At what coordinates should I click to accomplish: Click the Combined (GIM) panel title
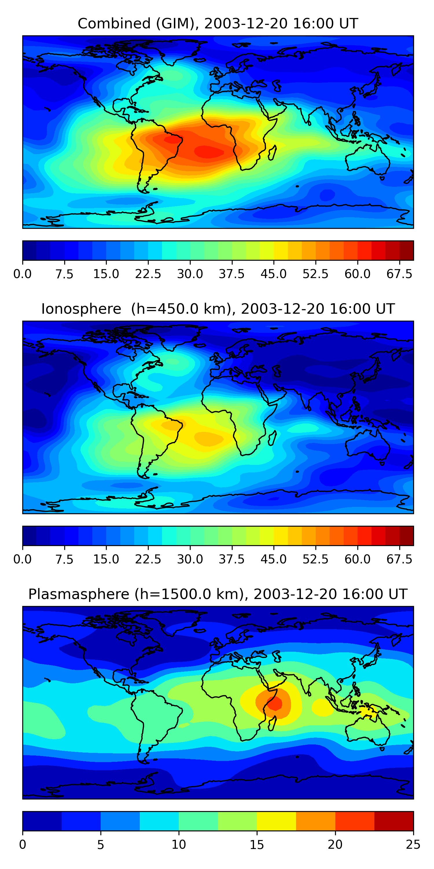pos(218,24)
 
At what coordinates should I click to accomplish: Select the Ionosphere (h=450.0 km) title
pos(218,309)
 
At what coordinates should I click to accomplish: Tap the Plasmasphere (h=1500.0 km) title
pos(218,594)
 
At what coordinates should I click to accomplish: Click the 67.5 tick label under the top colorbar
pos(399,274)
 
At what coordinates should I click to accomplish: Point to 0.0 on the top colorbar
pos(23,274)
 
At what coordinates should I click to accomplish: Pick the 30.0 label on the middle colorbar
pos(190,559)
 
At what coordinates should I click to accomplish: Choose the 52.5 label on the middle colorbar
pos(315,559)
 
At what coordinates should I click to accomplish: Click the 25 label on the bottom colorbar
pos(413,845)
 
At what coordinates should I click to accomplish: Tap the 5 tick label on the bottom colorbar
pos(100,845)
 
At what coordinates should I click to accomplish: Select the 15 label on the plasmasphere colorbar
pos(257,845)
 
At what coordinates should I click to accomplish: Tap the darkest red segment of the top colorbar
pos(407,251)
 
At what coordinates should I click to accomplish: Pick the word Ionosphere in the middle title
pos(81,309)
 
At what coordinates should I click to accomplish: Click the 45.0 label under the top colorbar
pos(274,274)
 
